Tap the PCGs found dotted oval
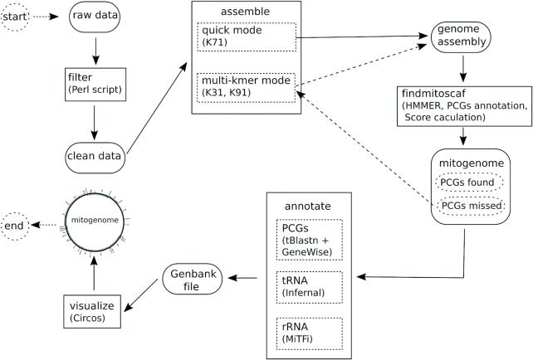tap(467, 182)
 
